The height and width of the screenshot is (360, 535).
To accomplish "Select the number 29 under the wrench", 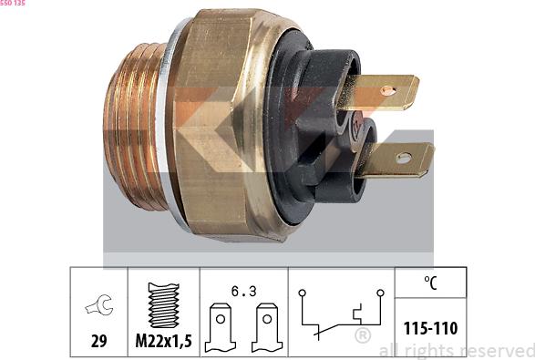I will tap(99, 341).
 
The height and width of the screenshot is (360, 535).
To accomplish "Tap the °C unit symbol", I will tap(430, 283).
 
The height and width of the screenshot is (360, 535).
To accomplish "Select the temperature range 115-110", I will tap(430, 328).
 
